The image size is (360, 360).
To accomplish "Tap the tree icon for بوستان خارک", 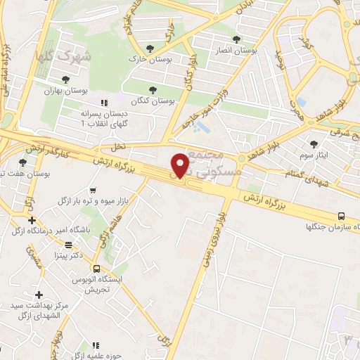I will pos(148,49).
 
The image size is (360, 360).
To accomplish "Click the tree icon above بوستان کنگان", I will pos(153,89).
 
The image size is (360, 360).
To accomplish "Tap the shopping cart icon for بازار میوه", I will pos(94,191).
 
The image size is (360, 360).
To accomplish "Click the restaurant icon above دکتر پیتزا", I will pos(69,245).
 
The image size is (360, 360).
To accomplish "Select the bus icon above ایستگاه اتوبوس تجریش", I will pos(96,268).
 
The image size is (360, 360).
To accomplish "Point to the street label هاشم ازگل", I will pos(105,233).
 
